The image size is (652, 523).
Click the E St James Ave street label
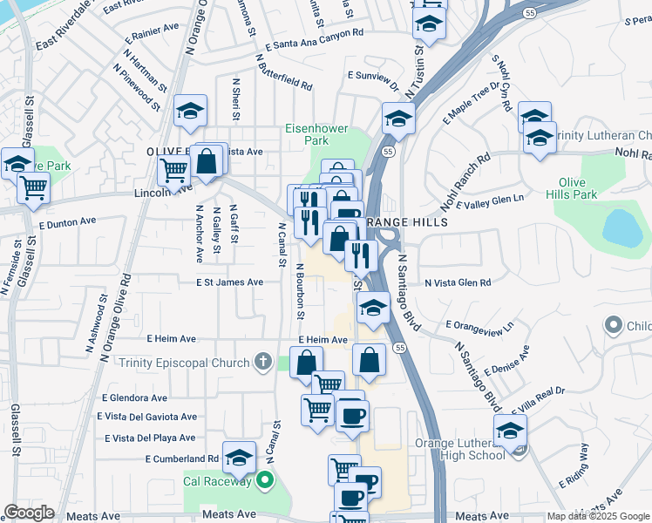(x=229, y=282)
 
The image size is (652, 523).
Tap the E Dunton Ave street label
(x=67, y=222)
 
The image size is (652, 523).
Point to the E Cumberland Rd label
(x=182, y=458)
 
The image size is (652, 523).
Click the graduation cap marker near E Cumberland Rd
(x=239, y=455)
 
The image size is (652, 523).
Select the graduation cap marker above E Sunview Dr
(x=397, y=118)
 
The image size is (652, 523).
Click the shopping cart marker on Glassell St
(x=33, y=185)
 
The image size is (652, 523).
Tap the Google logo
(x=29, y=513)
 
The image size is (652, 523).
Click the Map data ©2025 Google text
(x=597, y=516)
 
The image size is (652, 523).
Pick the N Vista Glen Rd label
(x=458, y=282)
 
